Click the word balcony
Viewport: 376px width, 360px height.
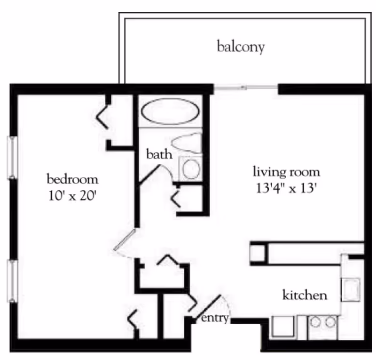click(241, 47)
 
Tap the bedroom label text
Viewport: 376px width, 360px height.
click(72, 179)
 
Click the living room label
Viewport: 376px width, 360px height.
click(286, 171)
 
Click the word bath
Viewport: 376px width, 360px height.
click(159, 154)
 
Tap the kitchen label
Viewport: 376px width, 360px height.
click(305, 296)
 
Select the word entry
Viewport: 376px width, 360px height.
click(215, 319)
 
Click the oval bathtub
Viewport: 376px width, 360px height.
click(170, 112)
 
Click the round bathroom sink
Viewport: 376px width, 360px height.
click(191, 169)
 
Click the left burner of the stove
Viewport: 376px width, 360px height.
click(316, 322)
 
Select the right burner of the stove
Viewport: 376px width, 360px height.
click(331, 322)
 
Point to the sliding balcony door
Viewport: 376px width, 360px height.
click(246, 87)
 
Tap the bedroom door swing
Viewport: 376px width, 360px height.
click(125, 242)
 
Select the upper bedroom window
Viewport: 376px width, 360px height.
click(12, 157)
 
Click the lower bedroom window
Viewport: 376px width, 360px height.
click(12, 280)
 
